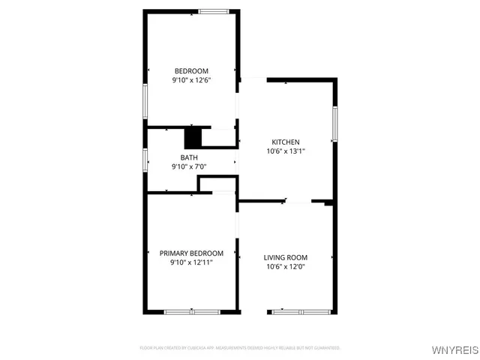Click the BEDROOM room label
(191, 70)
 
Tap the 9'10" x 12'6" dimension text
(191, 79)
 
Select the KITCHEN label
(286, 142)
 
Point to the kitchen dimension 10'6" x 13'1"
(286, 151)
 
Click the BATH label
(189, 157)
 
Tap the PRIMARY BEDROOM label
(191, 253)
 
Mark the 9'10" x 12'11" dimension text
(191, 262)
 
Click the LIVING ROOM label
(286, 257)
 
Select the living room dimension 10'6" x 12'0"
(286, 266)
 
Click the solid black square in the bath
(193, 139)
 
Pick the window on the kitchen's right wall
(335, 123)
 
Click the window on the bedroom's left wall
(145, 100)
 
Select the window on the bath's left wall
(145, 160)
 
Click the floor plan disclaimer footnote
(240, 348)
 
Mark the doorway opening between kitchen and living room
(298, 201)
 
